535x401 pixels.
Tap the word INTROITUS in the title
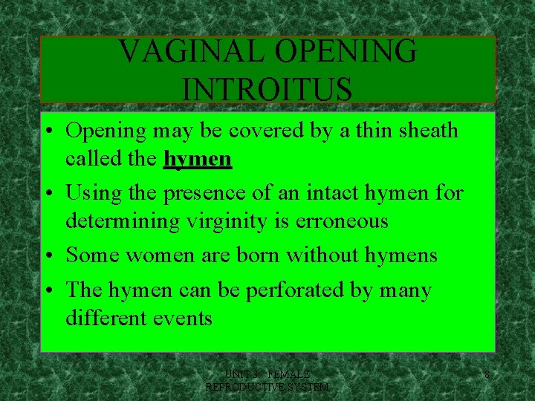pyautogui.click(x=267, y=89)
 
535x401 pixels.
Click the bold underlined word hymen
pyautogui.click(x=198, y=159)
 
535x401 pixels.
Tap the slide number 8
pyautogui.click(x=486, y=376)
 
